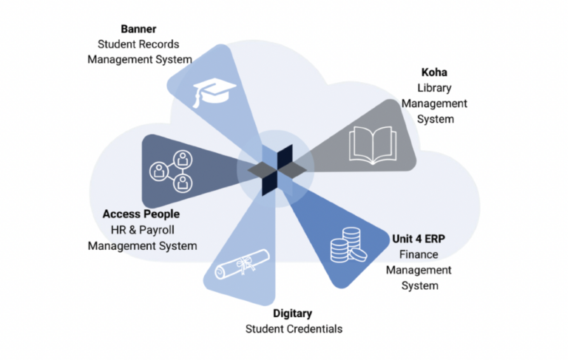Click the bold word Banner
point(140,29)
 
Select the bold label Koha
point(434,73)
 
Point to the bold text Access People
point(141,214)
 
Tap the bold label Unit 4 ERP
point(422,240)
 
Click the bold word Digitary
point(294,313)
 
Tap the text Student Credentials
point(294,329)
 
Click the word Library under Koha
point(434,89)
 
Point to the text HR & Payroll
point(142,230)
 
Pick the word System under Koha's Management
point(434,120)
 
